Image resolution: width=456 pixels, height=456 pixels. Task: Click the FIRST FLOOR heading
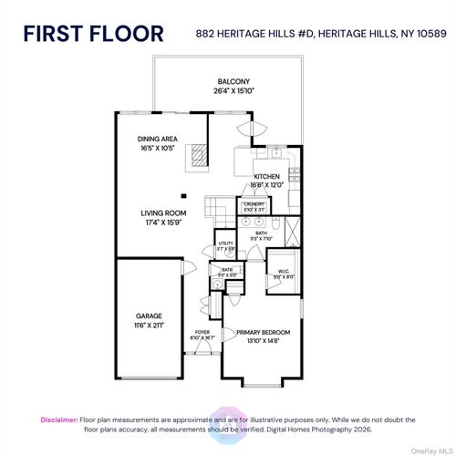tap(93, 34)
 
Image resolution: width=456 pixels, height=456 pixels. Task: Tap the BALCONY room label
tap(228, 80)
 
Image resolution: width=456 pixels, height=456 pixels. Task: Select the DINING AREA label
tap(158, 139)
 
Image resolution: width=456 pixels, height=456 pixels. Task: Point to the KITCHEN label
tap(266, 176)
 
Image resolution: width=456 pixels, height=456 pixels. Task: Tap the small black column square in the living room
tap(183, 195)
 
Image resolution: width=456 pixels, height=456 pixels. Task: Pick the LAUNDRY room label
tap(253, 204)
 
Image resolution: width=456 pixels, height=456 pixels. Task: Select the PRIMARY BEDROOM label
tap(264, 332)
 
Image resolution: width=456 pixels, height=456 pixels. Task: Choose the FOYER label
tap(202, 332)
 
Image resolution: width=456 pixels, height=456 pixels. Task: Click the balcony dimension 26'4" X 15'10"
tap(228, 89)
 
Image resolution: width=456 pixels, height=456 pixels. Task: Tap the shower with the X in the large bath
tap(293, 227)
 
